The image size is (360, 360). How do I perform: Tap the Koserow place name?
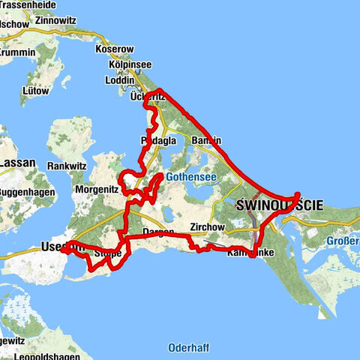114,49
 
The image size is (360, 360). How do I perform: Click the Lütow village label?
37,91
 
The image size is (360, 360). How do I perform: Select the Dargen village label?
157,232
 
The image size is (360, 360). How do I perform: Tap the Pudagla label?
157,141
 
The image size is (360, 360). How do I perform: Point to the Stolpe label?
108,253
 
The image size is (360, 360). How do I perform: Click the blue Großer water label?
343,241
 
